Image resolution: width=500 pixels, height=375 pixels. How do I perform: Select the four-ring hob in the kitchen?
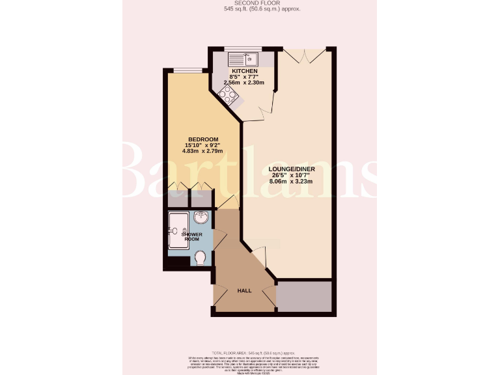(229, 96)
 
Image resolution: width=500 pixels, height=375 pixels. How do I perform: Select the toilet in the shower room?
(202, 259)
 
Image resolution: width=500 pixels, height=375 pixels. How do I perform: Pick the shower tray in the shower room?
(178, 230)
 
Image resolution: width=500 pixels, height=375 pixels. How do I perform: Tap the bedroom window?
(180, 70)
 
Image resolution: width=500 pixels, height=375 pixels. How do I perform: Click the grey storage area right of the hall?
(305, 296)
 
